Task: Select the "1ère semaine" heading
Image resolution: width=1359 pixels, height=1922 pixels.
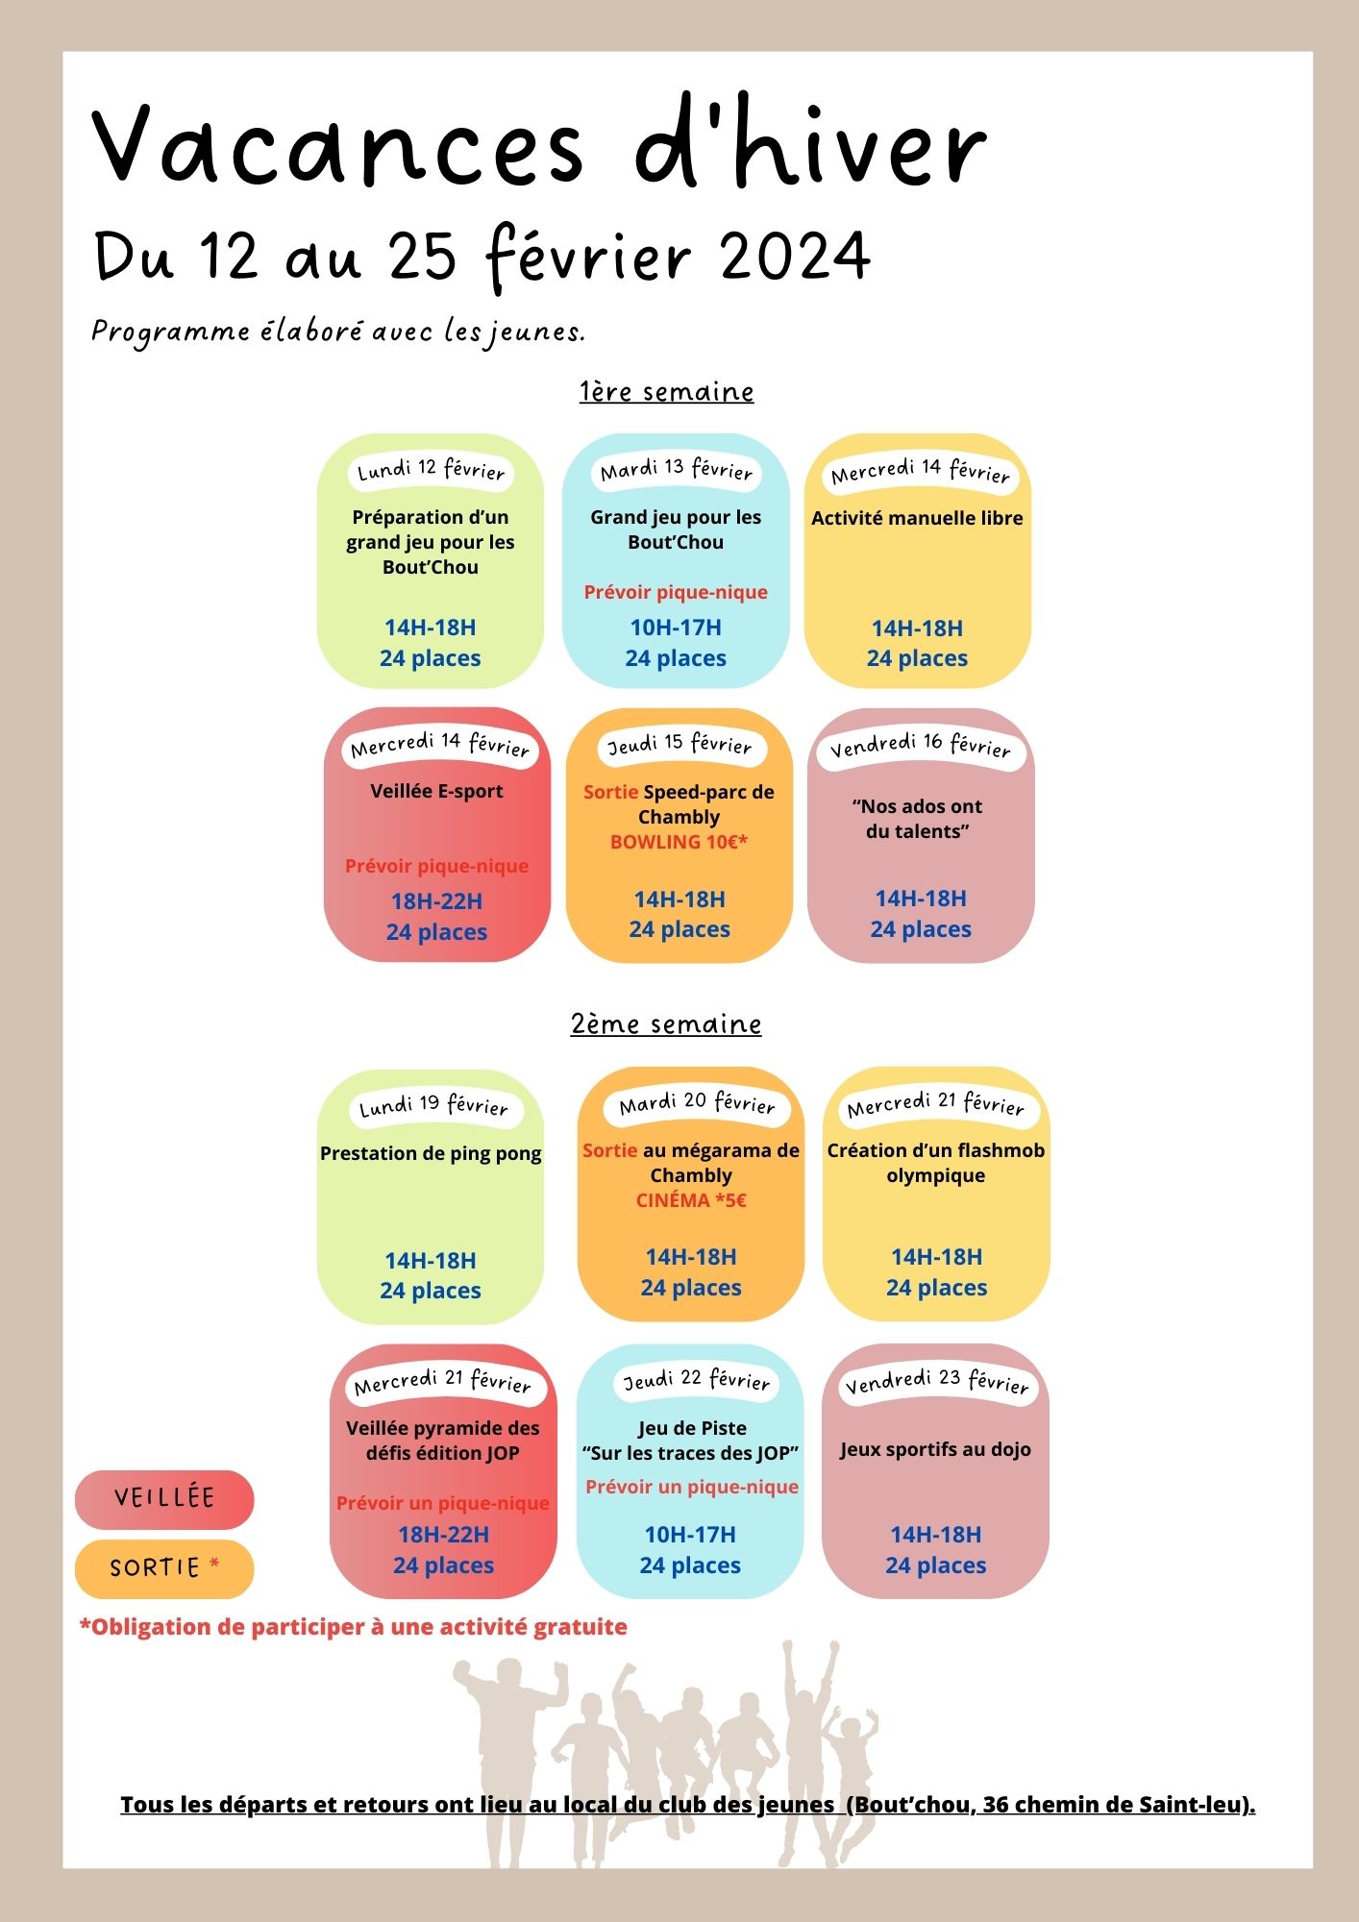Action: pos(666,391)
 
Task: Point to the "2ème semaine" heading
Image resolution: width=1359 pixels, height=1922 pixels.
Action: pos(666,1023)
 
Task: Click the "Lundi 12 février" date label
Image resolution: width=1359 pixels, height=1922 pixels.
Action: pos(431,470)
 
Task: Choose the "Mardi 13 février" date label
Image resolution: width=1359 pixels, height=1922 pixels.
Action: pos(677,470)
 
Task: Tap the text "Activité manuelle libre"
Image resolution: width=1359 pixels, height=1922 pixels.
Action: pos(917,518)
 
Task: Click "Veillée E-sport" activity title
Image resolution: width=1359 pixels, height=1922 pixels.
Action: pos(437,791)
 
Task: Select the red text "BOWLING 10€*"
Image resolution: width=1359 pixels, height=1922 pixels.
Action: pos(679,842)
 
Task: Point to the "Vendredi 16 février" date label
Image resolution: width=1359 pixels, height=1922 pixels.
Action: pos(921,746)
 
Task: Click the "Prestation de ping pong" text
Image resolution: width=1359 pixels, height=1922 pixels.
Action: pos(431,1153)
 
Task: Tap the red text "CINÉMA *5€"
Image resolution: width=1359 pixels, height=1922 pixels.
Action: pos(691,1200)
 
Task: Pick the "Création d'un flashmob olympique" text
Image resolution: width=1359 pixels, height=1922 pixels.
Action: pos(936,1163)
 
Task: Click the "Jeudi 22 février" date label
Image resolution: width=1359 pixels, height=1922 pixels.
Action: pos(697,1380)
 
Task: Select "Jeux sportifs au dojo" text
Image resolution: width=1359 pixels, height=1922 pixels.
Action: pos(935,1449)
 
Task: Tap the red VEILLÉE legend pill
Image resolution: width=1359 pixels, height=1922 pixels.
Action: pos(164,1499)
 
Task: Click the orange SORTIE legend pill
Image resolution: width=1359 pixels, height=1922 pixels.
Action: pos(164,1568)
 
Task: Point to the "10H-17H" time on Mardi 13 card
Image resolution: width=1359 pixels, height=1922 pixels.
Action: pos(676,628)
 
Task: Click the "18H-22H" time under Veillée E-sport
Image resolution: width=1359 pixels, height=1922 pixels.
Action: pos(437,901)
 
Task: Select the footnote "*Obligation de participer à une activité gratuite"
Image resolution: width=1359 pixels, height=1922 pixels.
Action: pos(353,1627)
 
